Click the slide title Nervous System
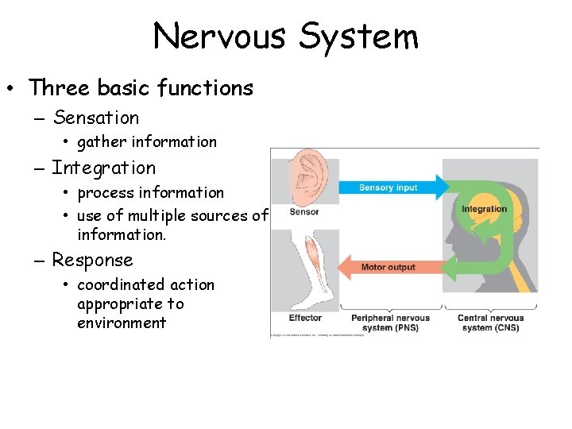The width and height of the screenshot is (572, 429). [285, 37]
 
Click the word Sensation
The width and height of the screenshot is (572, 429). [95, 118]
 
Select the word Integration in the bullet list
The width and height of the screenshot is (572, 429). [103, 168]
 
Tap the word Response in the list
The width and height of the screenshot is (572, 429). [92, 260]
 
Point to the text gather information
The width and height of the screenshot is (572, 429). [146, 142]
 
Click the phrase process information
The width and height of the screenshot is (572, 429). [150, 192]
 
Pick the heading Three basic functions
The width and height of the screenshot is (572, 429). [141, 87]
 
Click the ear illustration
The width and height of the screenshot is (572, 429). [306, 180]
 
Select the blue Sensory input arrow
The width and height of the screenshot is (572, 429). [389, 188]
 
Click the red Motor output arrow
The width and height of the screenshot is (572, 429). [389, 267]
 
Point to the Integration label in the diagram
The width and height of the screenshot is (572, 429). [484, 209]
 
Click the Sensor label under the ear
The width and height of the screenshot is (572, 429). [303, 212]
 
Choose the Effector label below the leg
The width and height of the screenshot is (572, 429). [304, 318]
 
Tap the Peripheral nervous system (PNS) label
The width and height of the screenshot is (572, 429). [390, 323]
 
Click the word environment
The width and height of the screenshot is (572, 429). [122, 323]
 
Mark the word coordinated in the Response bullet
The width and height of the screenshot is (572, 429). [112, 284]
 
